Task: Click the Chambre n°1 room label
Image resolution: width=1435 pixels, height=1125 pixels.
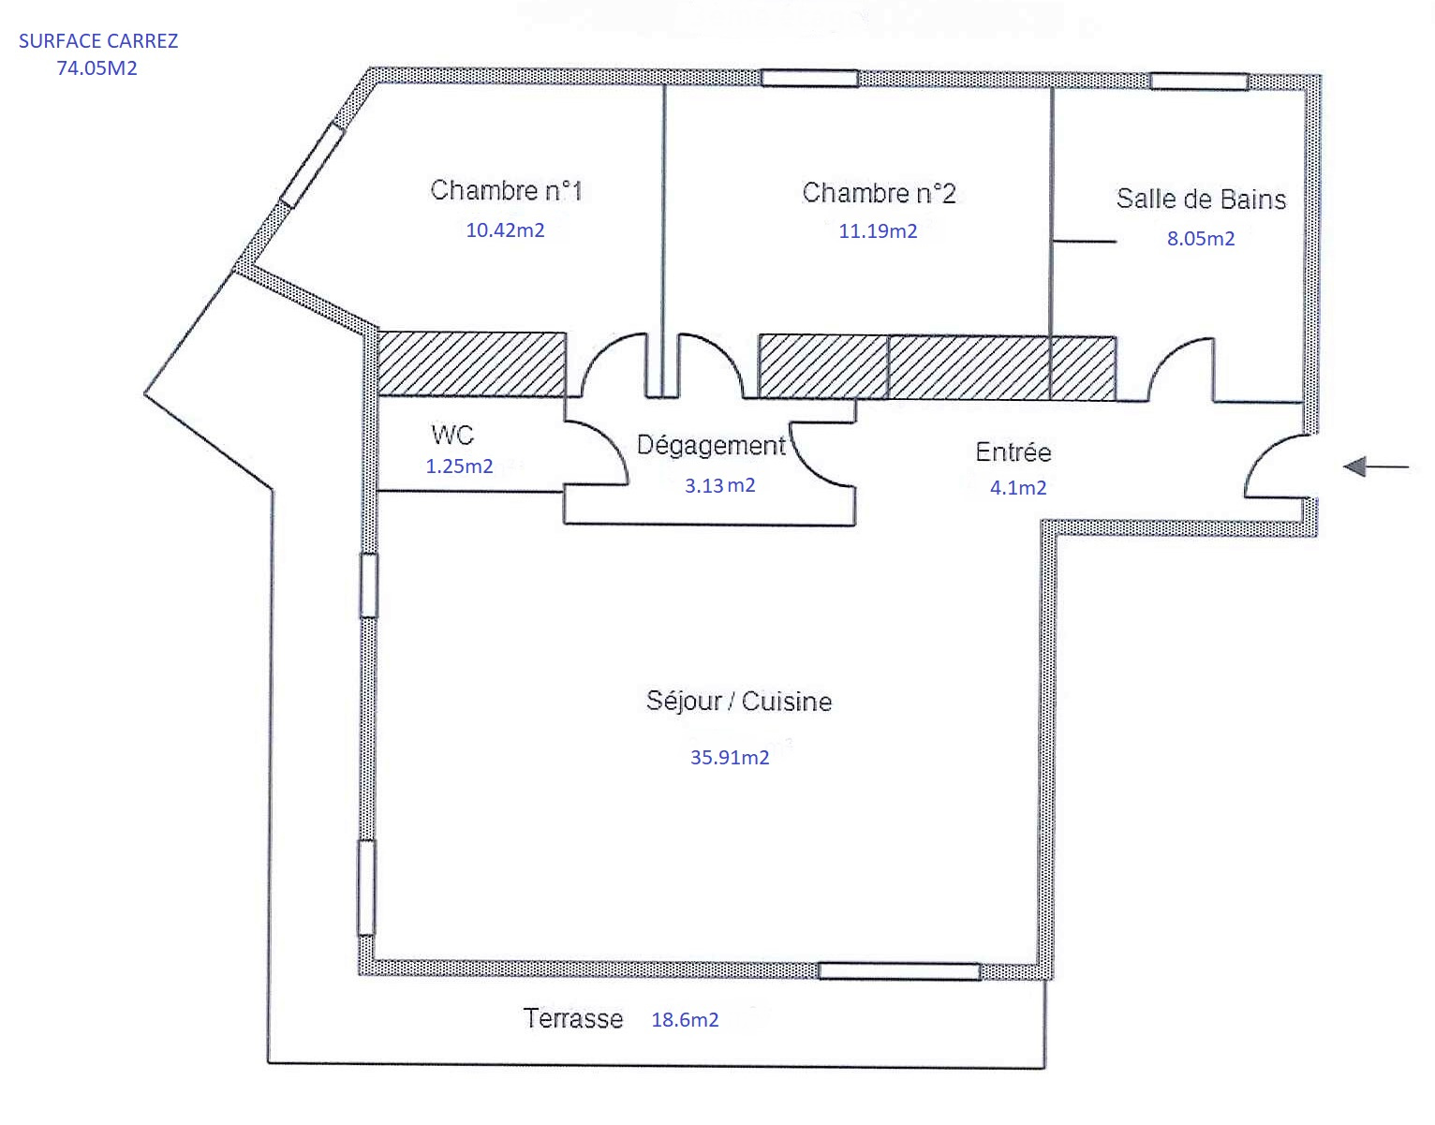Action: (506, 190)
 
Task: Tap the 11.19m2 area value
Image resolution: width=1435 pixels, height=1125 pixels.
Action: (878, 231)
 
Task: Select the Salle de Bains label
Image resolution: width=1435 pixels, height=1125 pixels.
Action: (1201, 199)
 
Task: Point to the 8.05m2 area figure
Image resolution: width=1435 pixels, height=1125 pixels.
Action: (1201, 238)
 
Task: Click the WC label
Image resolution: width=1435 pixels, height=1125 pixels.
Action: (452, 435)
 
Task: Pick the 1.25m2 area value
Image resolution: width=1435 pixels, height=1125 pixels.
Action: (459, 466)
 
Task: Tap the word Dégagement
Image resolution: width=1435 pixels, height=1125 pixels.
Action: (711, 446)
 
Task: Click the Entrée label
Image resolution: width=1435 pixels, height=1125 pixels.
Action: (1013, 451)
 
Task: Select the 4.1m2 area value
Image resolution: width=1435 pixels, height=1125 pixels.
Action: (1017, 487)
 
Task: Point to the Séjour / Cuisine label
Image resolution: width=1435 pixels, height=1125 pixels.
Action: (739, 701)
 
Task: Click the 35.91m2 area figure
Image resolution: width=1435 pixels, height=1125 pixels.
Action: (730, 757)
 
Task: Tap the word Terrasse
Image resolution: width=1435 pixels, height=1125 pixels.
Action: (573, 1019)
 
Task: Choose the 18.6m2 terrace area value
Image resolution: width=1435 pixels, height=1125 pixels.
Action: (685, 1020)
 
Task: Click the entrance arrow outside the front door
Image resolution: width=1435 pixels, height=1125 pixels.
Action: (1376, 466)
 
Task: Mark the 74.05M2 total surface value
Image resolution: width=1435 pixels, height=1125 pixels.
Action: (97, 68)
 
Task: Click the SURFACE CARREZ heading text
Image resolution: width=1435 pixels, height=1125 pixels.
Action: (98, 41)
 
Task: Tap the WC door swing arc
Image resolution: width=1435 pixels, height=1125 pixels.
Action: (609, 442)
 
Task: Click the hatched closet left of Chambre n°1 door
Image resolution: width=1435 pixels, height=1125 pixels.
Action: (471, 363)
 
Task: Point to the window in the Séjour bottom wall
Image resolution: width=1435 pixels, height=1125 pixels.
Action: (899, 971)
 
